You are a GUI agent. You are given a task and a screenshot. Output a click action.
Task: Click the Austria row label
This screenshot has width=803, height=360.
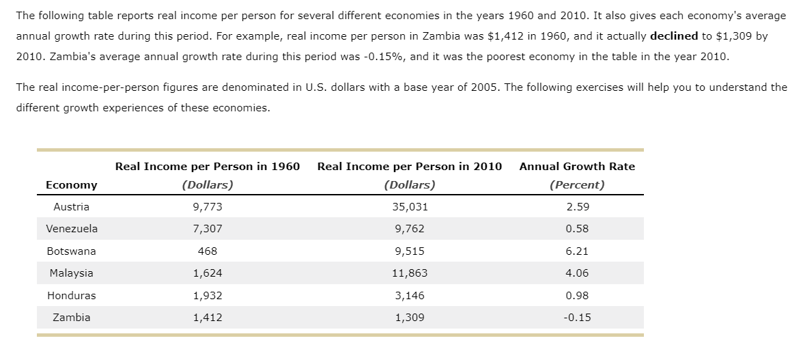click(x=71, y=207)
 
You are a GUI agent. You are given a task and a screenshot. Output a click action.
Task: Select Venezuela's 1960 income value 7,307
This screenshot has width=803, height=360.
click(x=208, y=229)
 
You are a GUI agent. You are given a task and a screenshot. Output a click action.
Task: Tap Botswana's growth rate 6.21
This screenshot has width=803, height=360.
click(x=577, y=251)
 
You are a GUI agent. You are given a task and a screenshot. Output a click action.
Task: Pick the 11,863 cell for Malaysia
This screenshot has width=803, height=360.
click(x=410, y=273)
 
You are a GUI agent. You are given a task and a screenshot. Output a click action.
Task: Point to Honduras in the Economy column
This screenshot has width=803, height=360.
click(x=71, y=296)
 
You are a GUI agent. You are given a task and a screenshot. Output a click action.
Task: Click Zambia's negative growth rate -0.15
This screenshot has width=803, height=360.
click(x=577, y=318)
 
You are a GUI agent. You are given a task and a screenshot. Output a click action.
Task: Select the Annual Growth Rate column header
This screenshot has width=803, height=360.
click(x=577, y=167)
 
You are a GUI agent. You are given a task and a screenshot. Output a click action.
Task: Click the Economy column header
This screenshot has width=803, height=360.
click(x=71, y=185)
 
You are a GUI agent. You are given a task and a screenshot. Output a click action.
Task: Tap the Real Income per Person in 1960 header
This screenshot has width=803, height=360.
click(x=208, y=167)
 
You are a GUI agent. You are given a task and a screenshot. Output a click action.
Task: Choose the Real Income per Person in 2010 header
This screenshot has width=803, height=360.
click(x=410, y=167)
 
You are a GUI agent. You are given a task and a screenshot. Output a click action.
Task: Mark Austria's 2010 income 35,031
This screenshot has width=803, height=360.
click(x=410, y=207)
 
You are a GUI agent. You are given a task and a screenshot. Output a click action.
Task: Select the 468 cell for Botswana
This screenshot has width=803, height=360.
click(x=208, y=251)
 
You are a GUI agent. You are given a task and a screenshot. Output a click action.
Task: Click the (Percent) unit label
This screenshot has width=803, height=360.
click(x=577, y=185)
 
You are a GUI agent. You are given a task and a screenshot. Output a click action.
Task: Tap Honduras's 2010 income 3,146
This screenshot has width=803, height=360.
click(x=410, y=296)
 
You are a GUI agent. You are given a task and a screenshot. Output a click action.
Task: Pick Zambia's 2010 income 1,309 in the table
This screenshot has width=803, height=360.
click(x=410, y=318)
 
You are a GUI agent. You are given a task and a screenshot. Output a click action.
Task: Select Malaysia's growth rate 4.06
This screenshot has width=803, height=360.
click(x=577, y=273)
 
